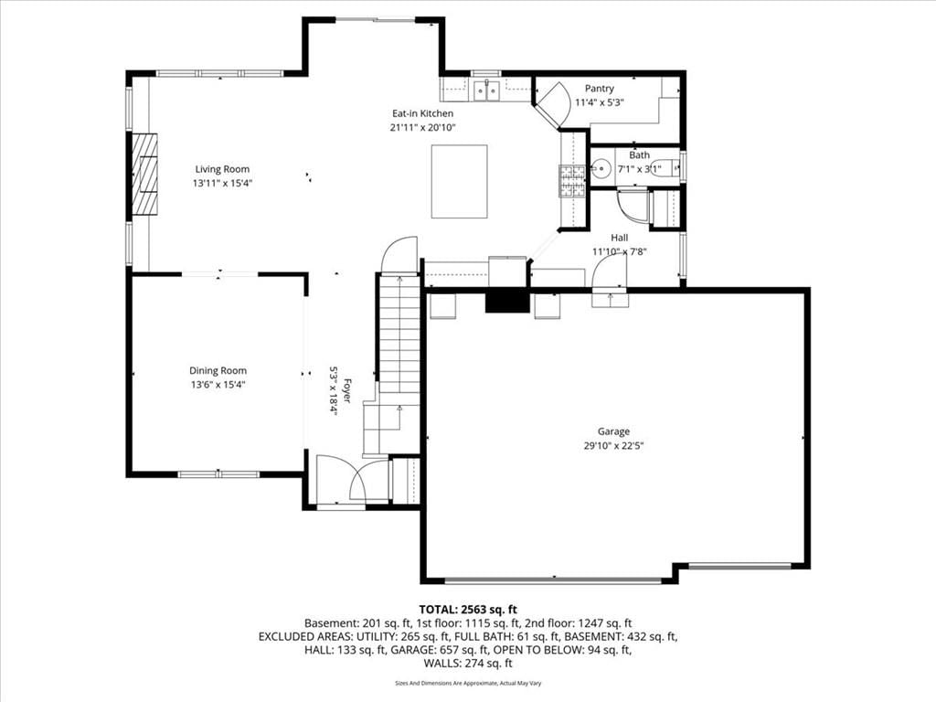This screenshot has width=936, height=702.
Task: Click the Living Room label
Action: (x=222, y=169)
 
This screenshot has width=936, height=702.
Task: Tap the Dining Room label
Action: (x=218, y=371)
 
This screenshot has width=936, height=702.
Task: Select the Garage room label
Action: (x=613, y=431)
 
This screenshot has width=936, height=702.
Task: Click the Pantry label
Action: (x=600, y=89)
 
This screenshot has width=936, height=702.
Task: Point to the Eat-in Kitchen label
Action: (x=422, y=113)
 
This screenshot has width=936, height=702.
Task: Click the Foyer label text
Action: (x=346, y=391)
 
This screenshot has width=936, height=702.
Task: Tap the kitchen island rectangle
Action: (x=459, y=182)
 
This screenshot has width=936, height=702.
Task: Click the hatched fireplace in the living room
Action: (x=144, y=173)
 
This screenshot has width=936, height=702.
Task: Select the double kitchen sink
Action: (x=486, y=90)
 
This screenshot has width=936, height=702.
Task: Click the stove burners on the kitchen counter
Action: (x=572, y=181)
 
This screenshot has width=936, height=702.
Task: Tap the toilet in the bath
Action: (x=664, y=168)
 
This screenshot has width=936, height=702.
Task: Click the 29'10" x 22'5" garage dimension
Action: (x=613, y=445)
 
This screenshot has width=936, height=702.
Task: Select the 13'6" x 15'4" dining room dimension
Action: (x=218, y=385)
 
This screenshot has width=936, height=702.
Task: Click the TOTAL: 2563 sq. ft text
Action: (x=468, y=610)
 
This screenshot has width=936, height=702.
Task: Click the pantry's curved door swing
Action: (x=555, y=101)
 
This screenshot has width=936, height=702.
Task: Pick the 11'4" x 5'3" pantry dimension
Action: (x=600, y=102)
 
